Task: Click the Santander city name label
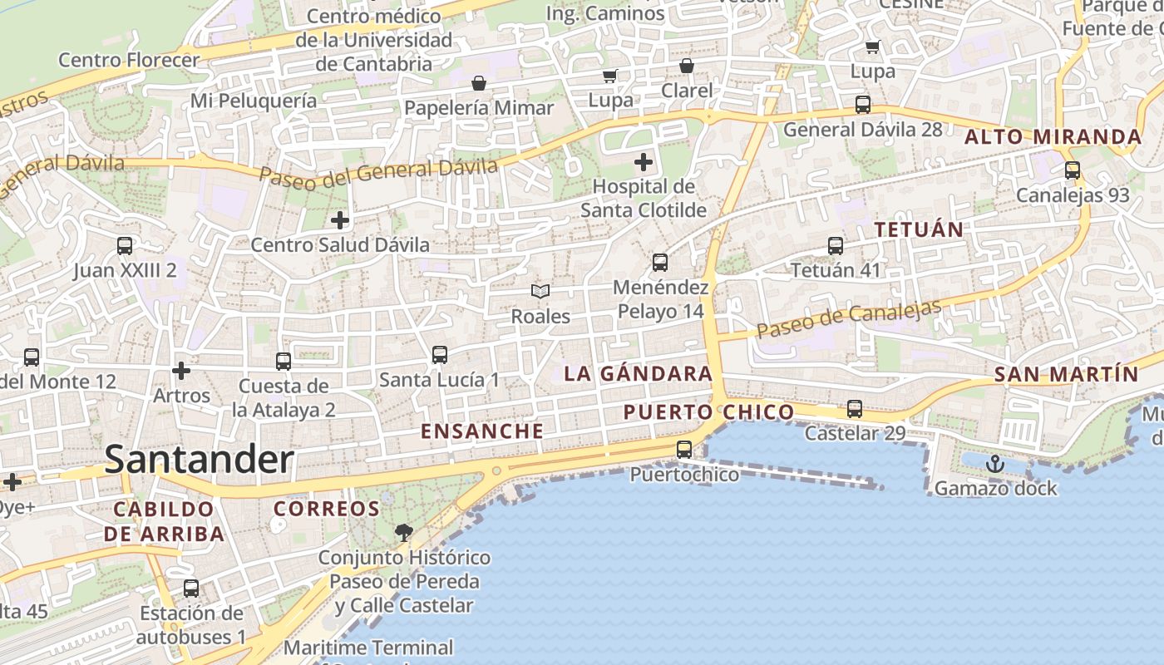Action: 199,460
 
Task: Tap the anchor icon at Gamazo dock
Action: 995,464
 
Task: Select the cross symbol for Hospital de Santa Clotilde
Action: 644,161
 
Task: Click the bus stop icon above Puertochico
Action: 684,450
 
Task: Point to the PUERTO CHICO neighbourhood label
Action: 708,412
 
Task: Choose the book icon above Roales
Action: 540,292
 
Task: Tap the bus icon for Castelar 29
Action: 855,409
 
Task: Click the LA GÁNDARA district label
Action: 638,374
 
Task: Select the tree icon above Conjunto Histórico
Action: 404,532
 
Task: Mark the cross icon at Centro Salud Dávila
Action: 340,220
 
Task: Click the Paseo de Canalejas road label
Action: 849,318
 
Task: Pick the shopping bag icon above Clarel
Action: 687,66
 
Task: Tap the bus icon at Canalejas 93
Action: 1073,171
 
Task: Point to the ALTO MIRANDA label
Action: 1053,137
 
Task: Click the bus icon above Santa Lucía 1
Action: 440,355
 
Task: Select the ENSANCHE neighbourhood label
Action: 482,431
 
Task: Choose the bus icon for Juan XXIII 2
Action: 125,246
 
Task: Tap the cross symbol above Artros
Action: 181,370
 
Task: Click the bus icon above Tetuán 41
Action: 836,246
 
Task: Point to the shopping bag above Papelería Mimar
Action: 479,83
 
